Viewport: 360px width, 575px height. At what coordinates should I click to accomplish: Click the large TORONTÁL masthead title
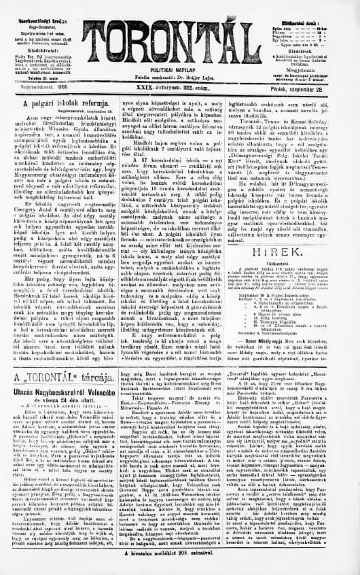[x=180, y=34]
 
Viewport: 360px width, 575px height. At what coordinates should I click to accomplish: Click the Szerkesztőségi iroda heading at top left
[x=31, y=5]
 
